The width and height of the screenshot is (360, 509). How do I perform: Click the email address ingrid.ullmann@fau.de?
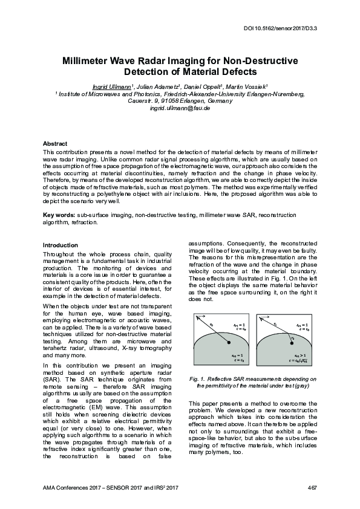click(x=180, y=108)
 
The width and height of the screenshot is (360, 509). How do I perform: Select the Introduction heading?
click(x=60, y=245)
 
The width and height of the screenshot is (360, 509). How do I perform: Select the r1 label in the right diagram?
click(x=275, y=324)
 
